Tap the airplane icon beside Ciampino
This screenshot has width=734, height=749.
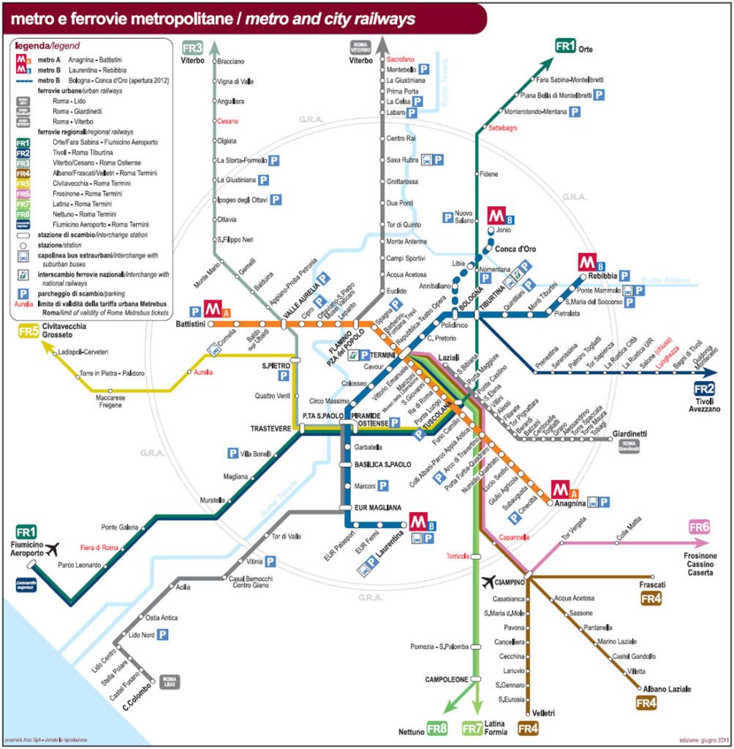pyautogui.click(x=489, y=582)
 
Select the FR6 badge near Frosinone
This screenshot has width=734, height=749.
pyautogui.click(x=699, y=527)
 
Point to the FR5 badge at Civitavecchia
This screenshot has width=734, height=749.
pyautogui.click(x=28, y=331)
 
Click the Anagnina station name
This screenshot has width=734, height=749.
pyautogui.click(x=570, y=503)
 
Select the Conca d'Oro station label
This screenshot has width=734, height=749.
pyautogui.click(x=515, y=249)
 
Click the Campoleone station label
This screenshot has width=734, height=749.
pyautogui.click(x=446, y=680)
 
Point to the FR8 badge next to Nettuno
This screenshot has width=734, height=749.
pyautogui.click(x=436, y=728)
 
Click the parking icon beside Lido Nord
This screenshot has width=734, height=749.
pyautogui.click(x=163, y=634)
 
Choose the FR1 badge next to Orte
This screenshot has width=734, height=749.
pyautogui.click(x=566, y=47)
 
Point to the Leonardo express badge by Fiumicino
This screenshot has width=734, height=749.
pyautogui.click(x=25, y=583)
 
